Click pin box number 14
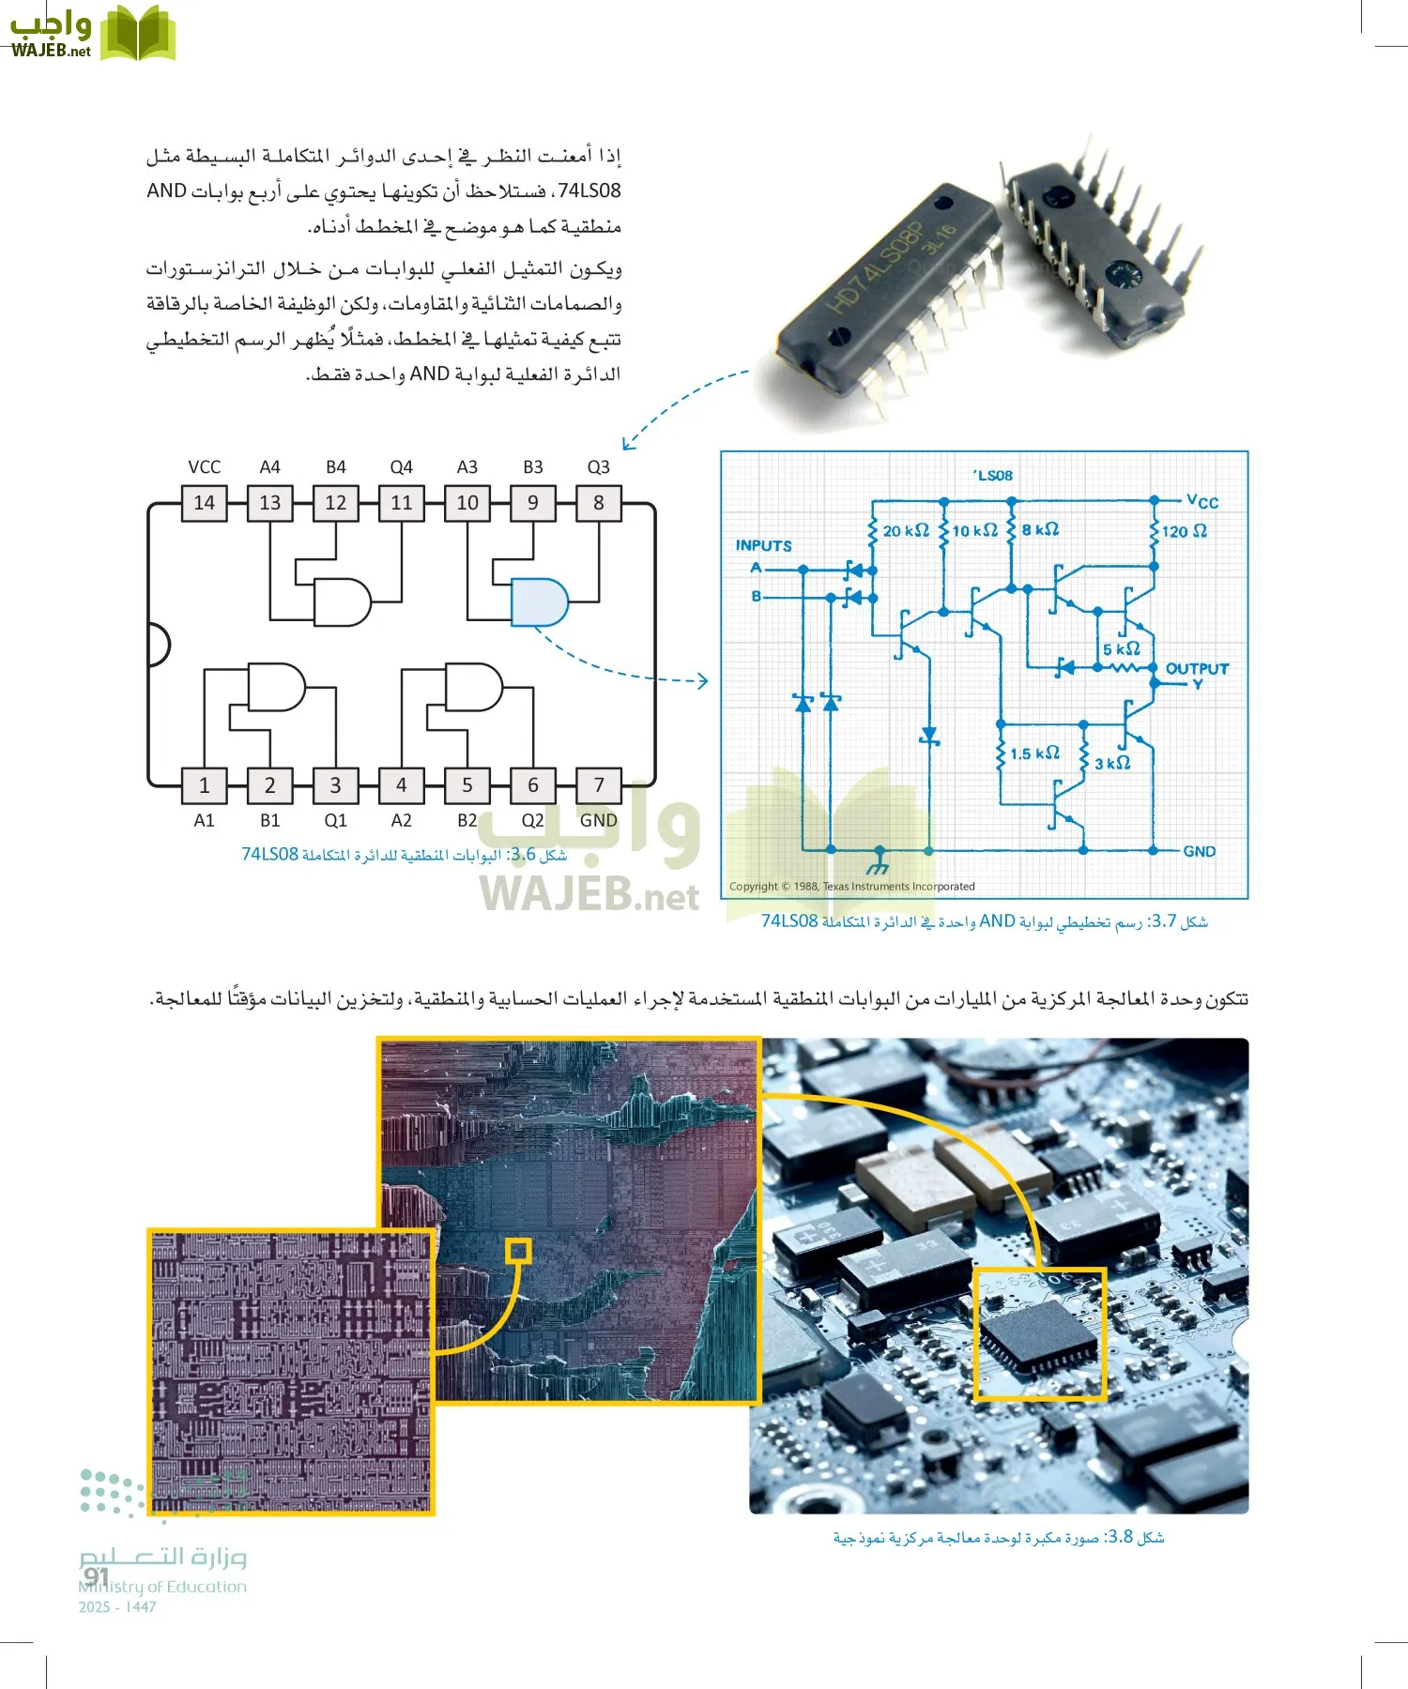click(x=204, y=503)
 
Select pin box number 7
click(x=598, y=784)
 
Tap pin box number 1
click(x=204, y=784)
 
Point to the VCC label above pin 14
click(x=204, y=467)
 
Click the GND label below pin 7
click(x=598, y=820)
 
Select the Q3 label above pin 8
click(x=598, y=467)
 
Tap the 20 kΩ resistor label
click(x=905, y=531)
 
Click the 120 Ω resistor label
click(x=1184, y=531)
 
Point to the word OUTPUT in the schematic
click(x=1197, y=669)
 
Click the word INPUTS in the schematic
click(x=763, y=545)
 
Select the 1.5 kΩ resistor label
click(x=1034, y=753)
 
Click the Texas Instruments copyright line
click(x=851, y=887)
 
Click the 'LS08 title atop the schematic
click(x=993, y=476)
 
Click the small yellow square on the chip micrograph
click(x=518, y=1250)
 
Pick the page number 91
click(x=96, y=1576)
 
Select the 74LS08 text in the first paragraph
click(x=589, y=191)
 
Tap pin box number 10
click(x=467, y=503)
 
